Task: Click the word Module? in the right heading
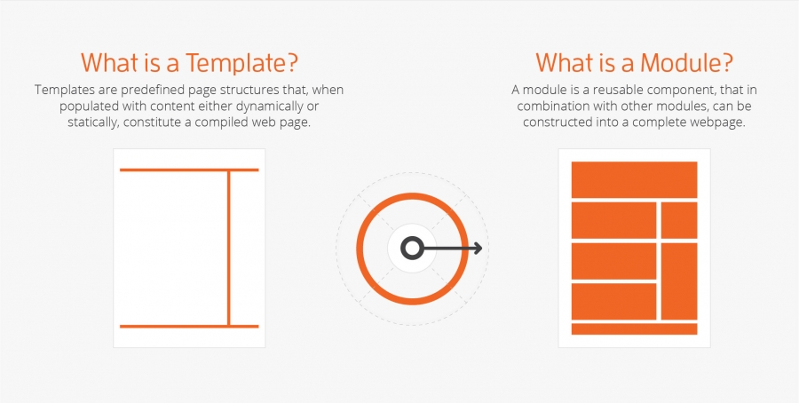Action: (x=687, y=63)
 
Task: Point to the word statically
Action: (x=91, y=123)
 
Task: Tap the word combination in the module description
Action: (x=549, y=107)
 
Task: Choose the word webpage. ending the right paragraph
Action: (x=721, y=123)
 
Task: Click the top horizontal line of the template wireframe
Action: (x=189, y=170)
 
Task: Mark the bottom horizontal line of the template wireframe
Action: (x=189, y=326)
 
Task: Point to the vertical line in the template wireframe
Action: (x=229, y=248)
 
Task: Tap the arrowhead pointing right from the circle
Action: (x=478, y=249)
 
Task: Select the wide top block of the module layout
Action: (x=634, y=179)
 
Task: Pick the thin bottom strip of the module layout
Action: (x=634, y=328)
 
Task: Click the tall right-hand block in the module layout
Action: (x=679, y=281)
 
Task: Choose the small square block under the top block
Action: (x=679, y=220)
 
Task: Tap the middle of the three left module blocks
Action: (x=613, y=261)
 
